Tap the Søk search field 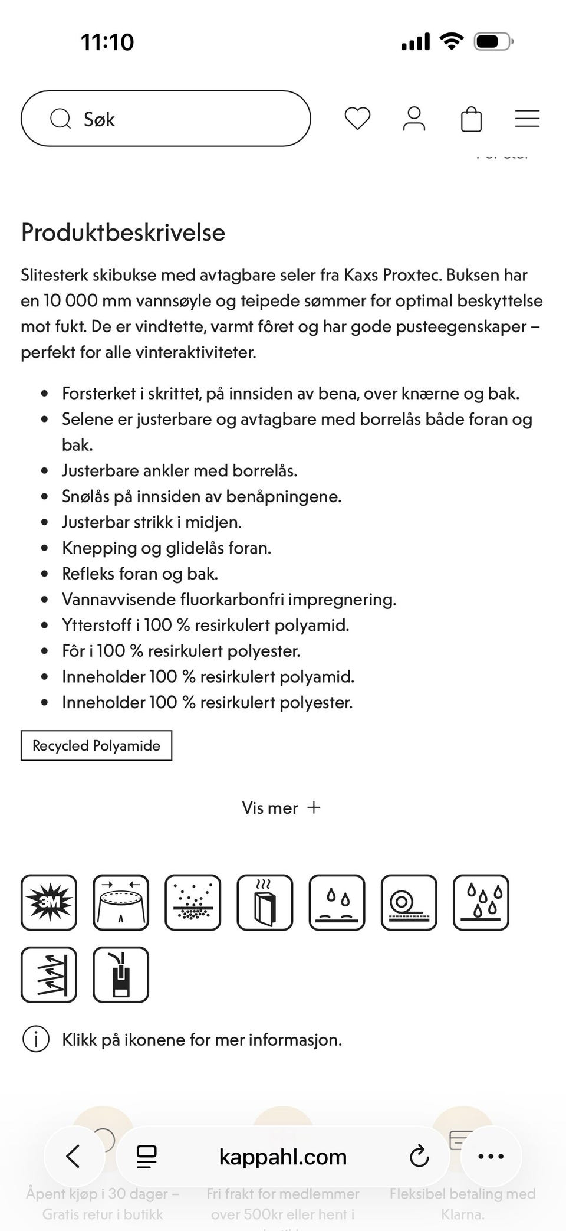165,119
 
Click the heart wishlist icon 357,119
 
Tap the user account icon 414,119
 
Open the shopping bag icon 471,119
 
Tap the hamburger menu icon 527,119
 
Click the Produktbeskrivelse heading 123,233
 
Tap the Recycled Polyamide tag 96,745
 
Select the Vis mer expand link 281,807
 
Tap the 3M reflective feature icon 49,902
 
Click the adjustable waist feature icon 121,902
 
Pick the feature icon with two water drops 337,902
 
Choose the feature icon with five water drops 481,902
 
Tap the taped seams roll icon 409,902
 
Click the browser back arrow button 74,1156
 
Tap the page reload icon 419,1156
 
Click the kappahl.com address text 282,1157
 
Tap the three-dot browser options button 491,1156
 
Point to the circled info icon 35,1039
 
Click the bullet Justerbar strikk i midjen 152,522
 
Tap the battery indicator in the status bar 493,42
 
